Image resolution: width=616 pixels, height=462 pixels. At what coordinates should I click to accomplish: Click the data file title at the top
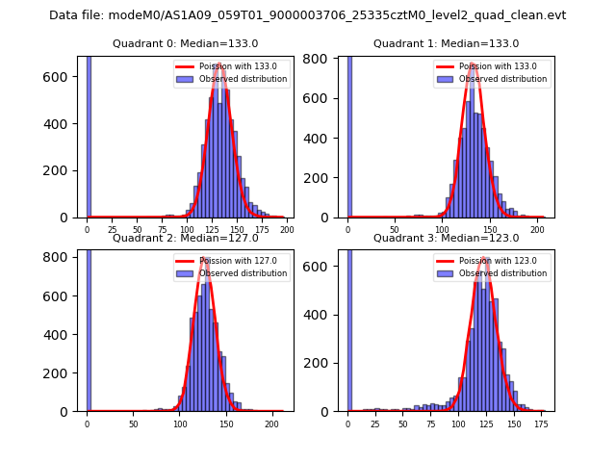point(308,15)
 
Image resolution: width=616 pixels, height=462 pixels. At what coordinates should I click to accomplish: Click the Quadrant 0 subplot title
point(185,43)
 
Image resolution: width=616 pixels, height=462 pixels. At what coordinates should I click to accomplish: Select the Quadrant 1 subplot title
point(446,43)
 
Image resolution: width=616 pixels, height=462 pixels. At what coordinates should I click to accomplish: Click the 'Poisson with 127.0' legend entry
point(232,260)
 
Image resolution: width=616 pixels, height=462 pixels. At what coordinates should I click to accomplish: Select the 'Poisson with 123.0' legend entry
point(493,260)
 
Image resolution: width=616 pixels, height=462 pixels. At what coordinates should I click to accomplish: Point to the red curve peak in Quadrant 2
point(205,257)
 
